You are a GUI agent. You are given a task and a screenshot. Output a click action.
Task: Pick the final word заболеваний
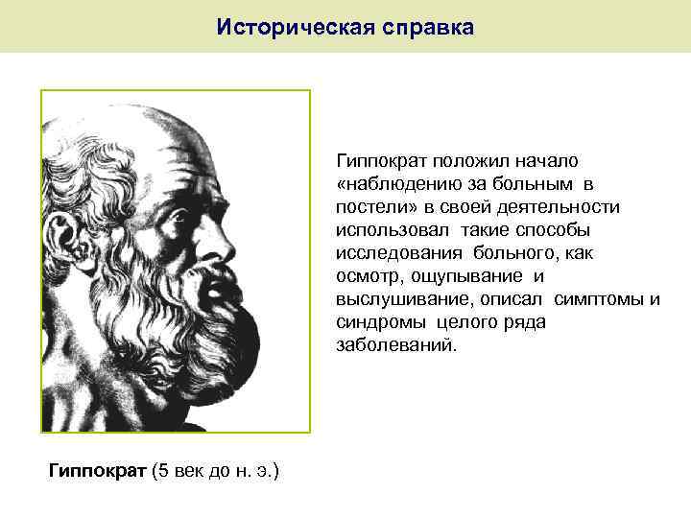391,344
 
